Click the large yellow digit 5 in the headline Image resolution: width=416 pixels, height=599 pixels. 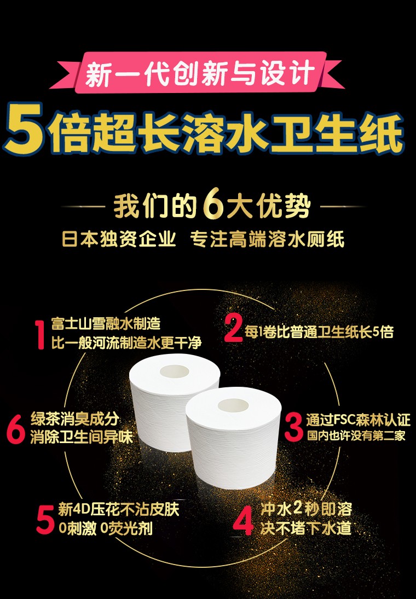point(24,129)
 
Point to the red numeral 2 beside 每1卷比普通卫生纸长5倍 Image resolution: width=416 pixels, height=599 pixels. point(233,328)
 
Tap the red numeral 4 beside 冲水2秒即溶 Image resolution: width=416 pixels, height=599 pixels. point(243,520)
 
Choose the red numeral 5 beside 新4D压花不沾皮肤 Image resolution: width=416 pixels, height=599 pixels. point(45,519)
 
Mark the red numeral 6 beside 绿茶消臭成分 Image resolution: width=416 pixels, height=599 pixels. point(16,430)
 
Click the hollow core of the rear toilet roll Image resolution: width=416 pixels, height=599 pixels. point(175,371)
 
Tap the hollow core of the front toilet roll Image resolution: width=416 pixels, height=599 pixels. point(233,405)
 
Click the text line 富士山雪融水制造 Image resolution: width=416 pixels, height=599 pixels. point(106,324)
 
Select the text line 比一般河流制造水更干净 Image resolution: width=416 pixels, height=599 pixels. point(126,342)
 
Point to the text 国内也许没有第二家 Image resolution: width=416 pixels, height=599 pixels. point(356,435)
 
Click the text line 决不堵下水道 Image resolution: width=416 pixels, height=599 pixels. point(306,528)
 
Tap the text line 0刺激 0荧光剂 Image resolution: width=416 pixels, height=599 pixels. point(106,528)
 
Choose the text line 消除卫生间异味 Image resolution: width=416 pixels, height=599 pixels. point(82,437)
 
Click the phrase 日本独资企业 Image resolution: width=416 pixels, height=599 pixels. point(119,239)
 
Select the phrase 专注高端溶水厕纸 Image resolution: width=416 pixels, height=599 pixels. point(267,239)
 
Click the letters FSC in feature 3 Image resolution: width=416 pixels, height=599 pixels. point(345,420)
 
